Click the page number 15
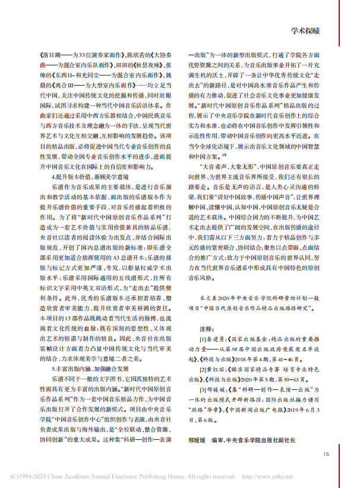[326, 455]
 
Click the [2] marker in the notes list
[203, 369]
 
